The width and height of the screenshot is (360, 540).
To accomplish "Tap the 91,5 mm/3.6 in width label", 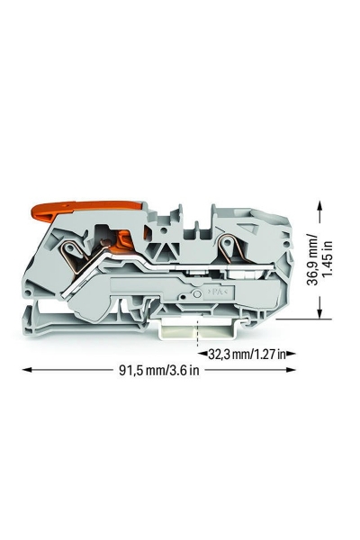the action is click(x=159, y=370).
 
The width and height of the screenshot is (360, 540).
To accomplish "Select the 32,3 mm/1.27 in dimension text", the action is click(x=247, y=354).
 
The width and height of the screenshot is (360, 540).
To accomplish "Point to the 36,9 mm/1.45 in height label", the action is click(x=320, y=260).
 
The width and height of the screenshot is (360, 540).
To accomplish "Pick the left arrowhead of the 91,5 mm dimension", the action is click(x=27, y=370).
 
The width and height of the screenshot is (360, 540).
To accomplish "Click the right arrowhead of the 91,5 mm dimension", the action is click(x=291, y=370).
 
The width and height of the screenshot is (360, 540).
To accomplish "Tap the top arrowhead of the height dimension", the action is click(x=320, y=207).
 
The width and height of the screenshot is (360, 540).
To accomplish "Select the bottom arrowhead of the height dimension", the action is click(x=320, y=312).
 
